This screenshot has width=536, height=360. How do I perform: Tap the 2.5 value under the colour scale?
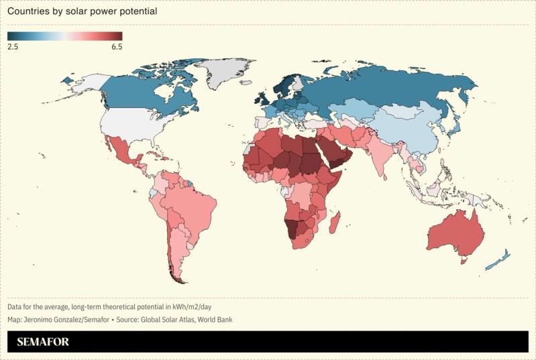tap(13, 46)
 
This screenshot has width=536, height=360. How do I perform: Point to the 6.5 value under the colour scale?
tap(116, 46)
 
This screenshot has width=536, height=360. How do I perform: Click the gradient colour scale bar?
tap(65, 36)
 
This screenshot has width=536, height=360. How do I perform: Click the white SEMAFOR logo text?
tap(43, 342)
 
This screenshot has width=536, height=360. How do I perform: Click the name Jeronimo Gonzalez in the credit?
tap(54, 320)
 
